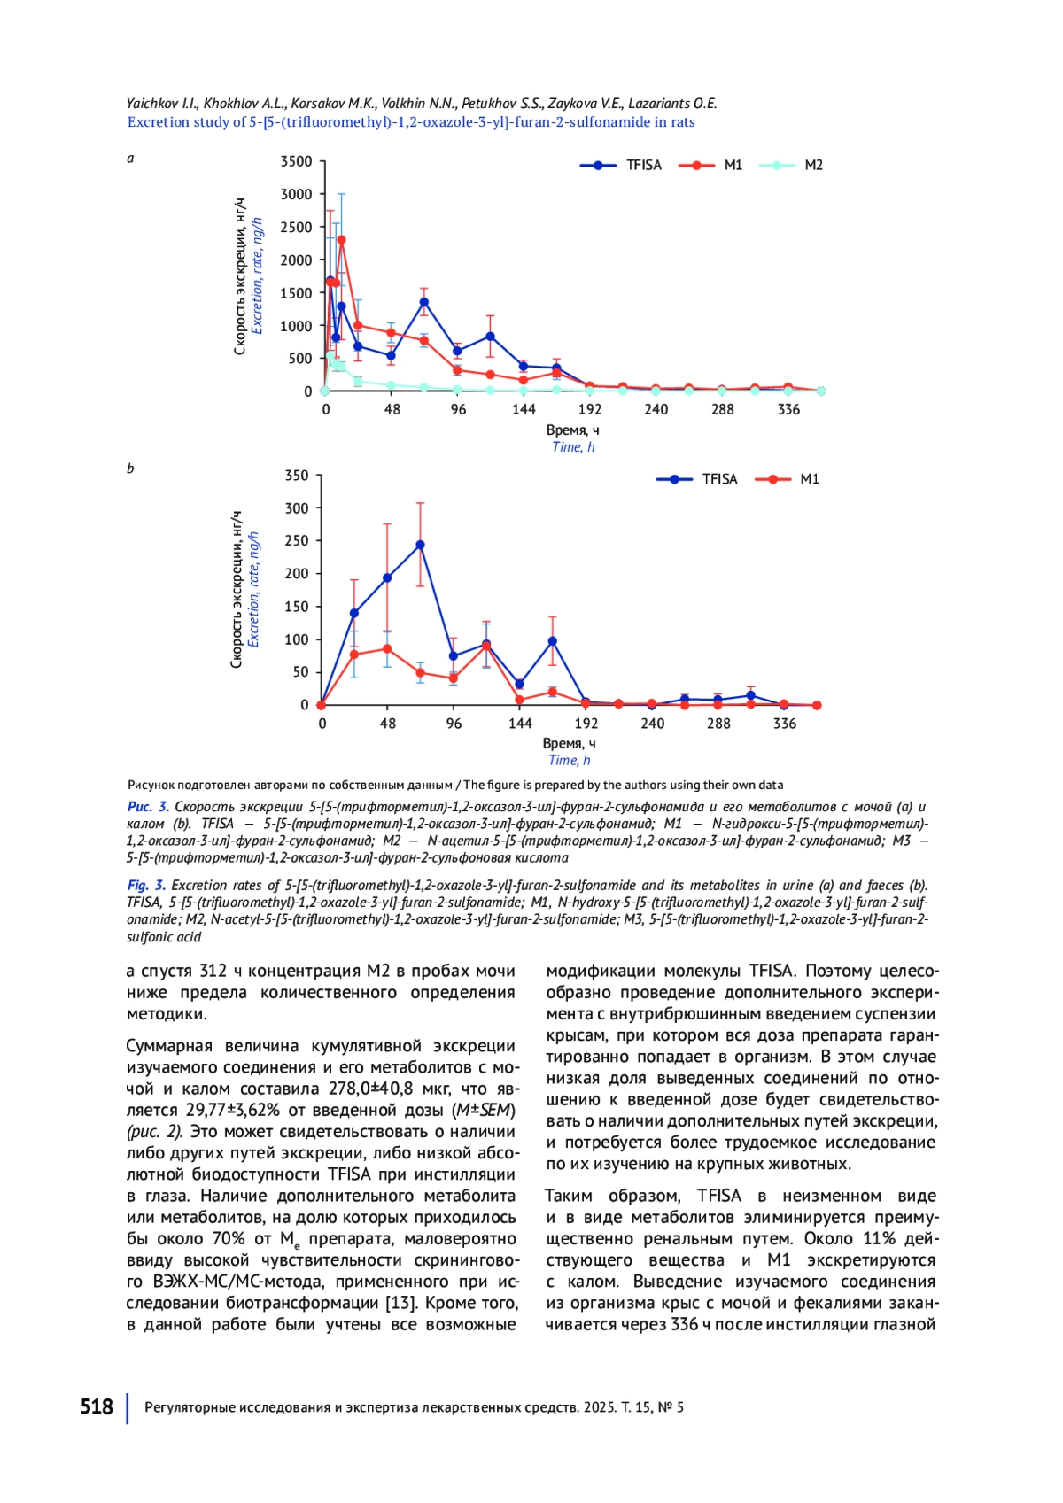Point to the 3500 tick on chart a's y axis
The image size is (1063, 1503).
297,161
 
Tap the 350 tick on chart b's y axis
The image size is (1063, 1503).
297,476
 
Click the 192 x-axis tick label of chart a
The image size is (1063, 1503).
590,409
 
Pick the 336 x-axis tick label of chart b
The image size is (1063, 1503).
785,724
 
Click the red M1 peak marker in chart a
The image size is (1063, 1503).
341,240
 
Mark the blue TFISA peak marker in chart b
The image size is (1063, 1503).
420,545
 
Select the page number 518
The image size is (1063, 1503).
97,1406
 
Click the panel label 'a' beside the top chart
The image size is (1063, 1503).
130,159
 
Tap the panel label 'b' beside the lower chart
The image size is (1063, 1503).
130,469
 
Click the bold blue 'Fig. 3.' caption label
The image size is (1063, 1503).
146,885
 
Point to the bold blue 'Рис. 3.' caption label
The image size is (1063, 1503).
148,807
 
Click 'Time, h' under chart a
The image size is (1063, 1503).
573,447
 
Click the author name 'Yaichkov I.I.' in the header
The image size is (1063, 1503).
162,104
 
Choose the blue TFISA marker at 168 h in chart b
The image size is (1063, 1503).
553,641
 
